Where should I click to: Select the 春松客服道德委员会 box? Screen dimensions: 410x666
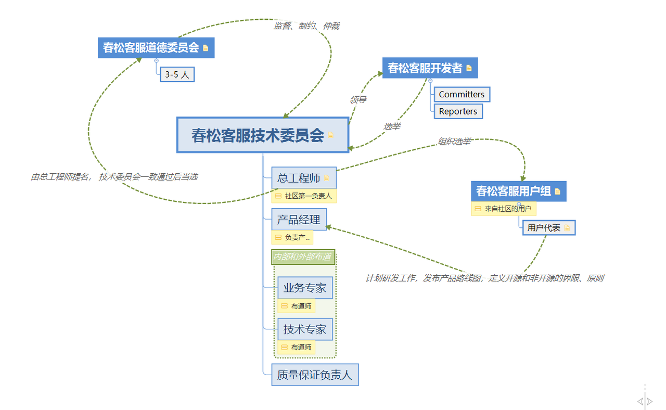(x=151, y=47)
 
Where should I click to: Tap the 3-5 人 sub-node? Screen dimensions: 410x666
(x=177, y=74)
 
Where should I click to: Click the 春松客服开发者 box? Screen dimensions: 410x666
(x=425, y=68)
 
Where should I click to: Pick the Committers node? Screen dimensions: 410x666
(x=462, y=94)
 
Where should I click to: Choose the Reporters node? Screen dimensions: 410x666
(x=458, y=111)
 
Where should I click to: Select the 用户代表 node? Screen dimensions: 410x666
(x=544, y=228)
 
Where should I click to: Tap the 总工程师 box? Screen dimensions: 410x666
(x=299, y=178)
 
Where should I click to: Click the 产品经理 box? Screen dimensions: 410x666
(x=299, y=220)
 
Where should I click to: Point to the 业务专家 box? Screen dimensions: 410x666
(x=305, y=288)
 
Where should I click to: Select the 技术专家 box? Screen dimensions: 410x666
(x=305, y=329)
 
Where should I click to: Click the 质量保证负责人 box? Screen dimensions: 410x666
(x=314, y=375)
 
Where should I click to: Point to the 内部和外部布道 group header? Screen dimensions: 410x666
(x=302, y=257)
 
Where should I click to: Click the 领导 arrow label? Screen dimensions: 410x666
(x=358, y=99)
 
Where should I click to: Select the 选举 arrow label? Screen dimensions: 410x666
(x=392, y=126)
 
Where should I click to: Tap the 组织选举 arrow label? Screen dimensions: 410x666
(x=454, y=141)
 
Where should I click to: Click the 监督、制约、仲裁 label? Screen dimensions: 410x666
(x=306, y=26)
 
